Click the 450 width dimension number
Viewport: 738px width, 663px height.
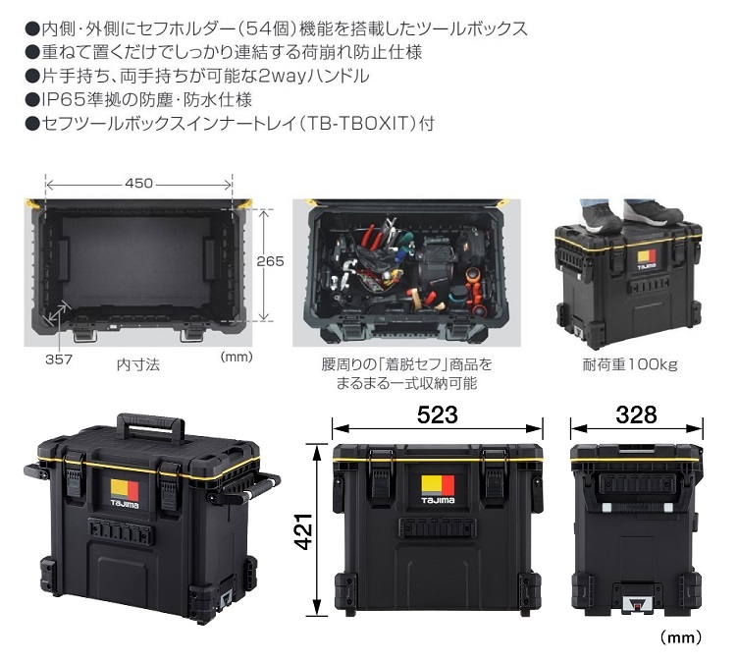tap(138, 183)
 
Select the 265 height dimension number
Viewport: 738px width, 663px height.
tap(270, 261)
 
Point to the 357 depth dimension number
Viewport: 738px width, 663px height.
tap(58, 359)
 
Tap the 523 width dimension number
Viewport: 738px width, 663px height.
tap(437, 414)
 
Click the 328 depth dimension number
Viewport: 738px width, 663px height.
tap(637, 414)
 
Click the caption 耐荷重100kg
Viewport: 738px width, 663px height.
tap(629, 364)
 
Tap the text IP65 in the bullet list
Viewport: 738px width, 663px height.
tap(62, 99)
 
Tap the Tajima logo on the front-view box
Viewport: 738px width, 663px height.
tap(437, 488)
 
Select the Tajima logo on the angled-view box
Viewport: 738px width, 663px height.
tap(123, 494)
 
